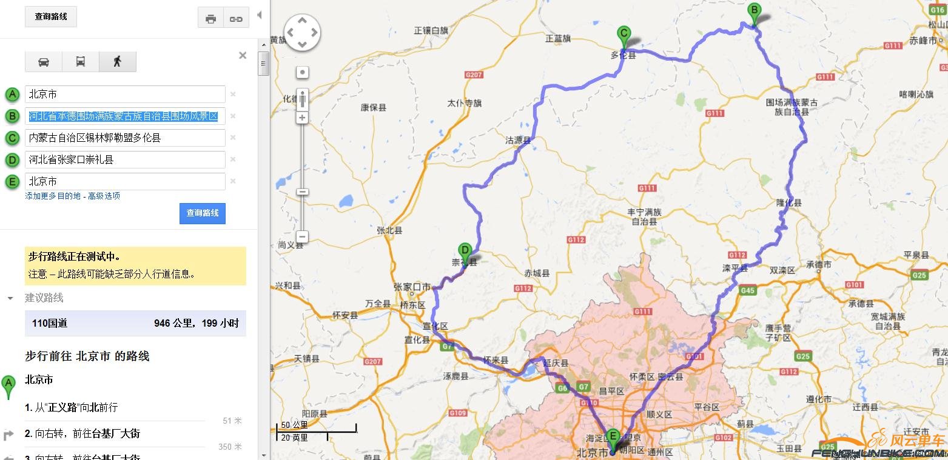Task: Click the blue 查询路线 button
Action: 202,213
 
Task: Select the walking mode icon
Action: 117,62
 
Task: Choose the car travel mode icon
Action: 44,62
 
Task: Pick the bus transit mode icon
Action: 80,62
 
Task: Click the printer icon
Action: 211,19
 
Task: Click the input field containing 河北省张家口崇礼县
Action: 125,159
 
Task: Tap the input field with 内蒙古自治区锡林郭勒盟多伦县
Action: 125,138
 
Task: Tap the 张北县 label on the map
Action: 389,230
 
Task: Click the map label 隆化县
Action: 789,202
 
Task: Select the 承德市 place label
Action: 819,264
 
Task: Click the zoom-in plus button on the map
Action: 302,118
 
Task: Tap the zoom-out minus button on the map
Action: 302,236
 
